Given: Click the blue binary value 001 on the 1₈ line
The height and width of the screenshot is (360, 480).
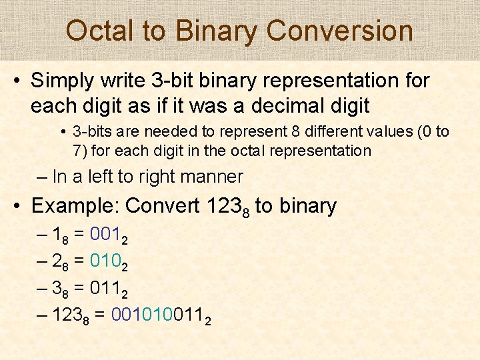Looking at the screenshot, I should point(105,234).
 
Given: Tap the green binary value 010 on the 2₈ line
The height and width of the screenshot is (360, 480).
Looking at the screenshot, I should point(105,262).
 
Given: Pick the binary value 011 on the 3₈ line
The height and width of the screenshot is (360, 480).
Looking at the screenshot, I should point(105,290).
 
